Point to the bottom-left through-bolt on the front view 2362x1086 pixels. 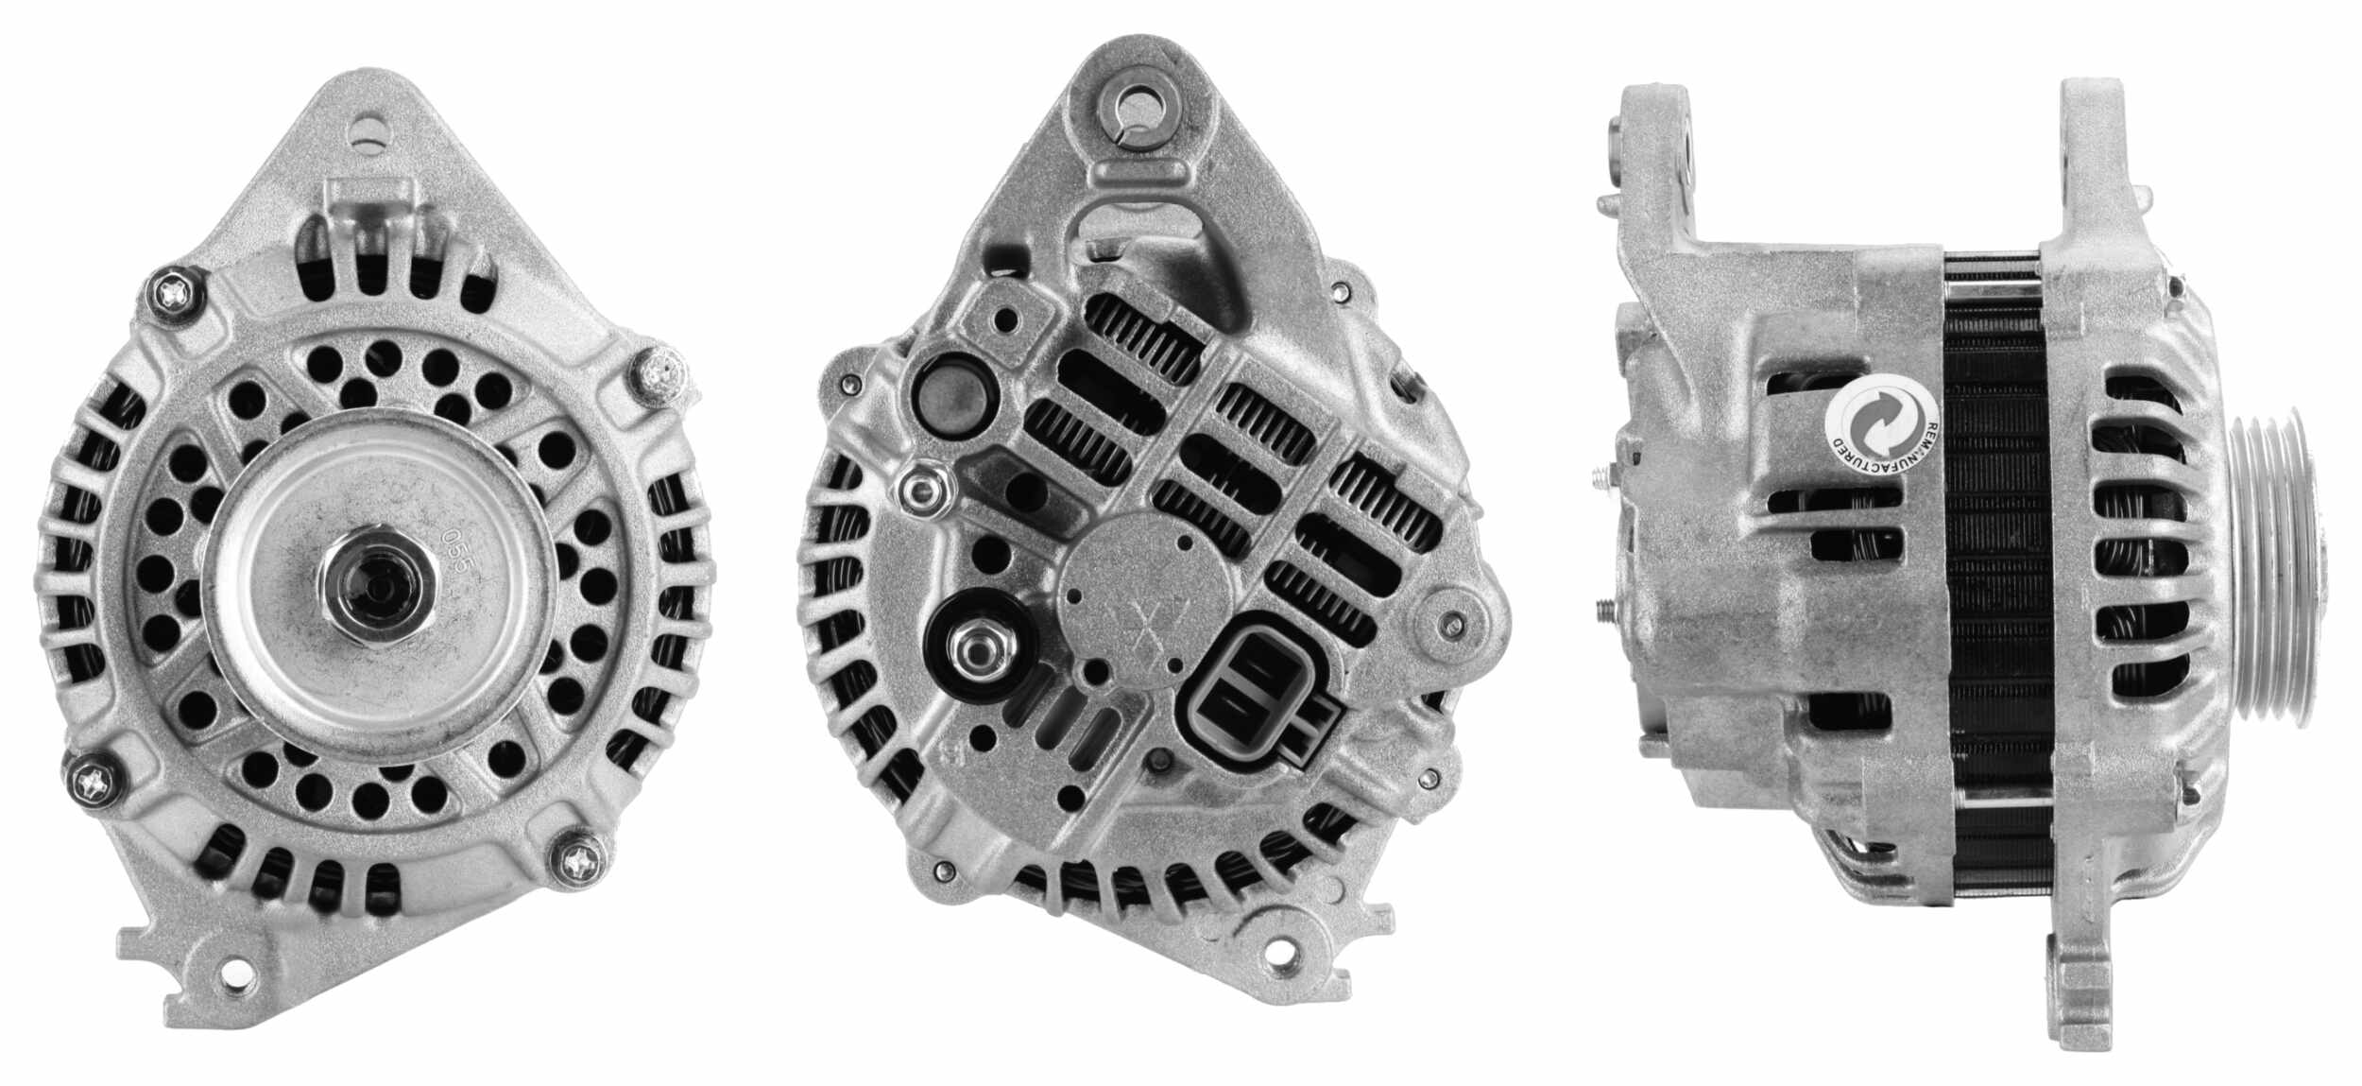pos(95,781)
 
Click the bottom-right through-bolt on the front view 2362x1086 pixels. pos(575,859)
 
